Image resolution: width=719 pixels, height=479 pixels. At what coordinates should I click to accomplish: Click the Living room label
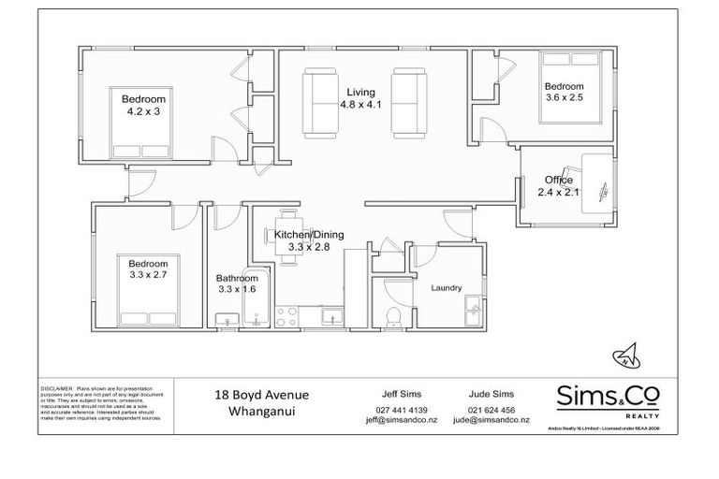(359, 93)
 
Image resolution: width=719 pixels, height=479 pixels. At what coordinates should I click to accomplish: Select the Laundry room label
(446, 288)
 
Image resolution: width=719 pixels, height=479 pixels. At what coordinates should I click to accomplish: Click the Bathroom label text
(236, 278)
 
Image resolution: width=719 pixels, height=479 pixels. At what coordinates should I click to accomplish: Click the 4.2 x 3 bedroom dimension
(143, 111)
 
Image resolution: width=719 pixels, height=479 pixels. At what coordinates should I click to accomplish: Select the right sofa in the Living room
(408, 100)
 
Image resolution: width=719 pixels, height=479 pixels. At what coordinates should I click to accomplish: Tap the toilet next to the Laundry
(396, 317)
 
